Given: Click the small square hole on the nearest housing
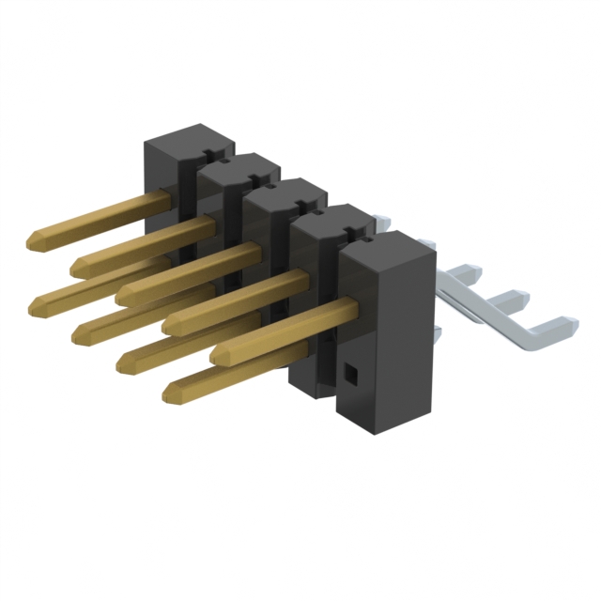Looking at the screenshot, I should [351, 376].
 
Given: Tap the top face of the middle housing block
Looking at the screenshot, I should [285, 193].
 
